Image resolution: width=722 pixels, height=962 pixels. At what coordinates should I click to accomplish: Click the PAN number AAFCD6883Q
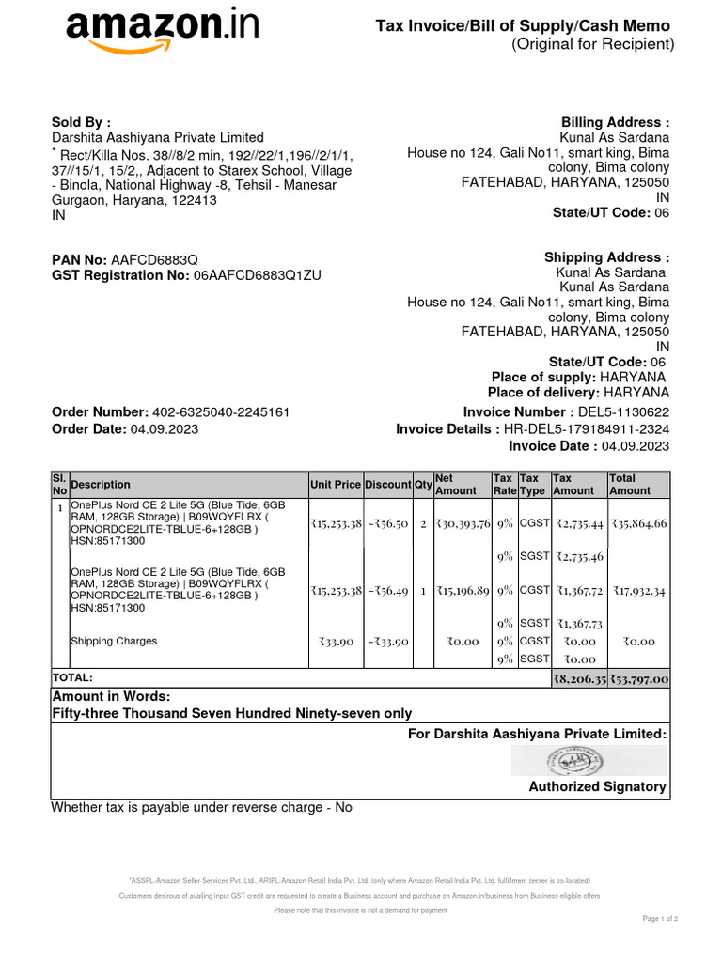pos(155,258)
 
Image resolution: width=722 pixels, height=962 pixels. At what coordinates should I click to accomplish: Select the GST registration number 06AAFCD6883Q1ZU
pos(258,275)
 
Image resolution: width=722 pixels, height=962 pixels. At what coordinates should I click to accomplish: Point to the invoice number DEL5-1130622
pos(625,412)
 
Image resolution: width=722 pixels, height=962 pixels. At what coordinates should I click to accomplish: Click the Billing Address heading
pos(615,122)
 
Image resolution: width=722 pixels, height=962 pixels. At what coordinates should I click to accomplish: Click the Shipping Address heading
pos(606,257)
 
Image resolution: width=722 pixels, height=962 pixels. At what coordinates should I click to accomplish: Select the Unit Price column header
pos(335,485)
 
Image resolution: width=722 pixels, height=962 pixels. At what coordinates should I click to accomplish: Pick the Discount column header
pos(387,485)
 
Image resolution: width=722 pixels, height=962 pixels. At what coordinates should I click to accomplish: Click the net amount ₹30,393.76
pos(462,523)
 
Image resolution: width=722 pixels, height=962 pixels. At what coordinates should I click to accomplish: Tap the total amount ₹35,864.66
pos(637,523)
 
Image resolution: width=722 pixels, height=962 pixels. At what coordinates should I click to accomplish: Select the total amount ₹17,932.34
pos(637,591)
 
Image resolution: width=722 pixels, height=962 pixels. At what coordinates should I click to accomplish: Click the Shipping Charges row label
pos(114,642)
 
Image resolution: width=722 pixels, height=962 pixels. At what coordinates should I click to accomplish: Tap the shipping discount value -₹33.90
pos(387,642)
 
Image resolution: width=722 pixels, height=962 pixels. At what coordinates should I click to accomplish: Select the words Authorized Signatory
pos(597,786)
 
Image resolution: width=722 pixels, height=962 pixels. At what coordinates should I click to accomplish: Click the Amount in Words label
pos(111,696)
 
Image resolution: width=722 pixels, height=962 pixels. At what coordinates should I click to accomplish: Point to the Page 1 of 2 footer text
pos(660,918)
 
